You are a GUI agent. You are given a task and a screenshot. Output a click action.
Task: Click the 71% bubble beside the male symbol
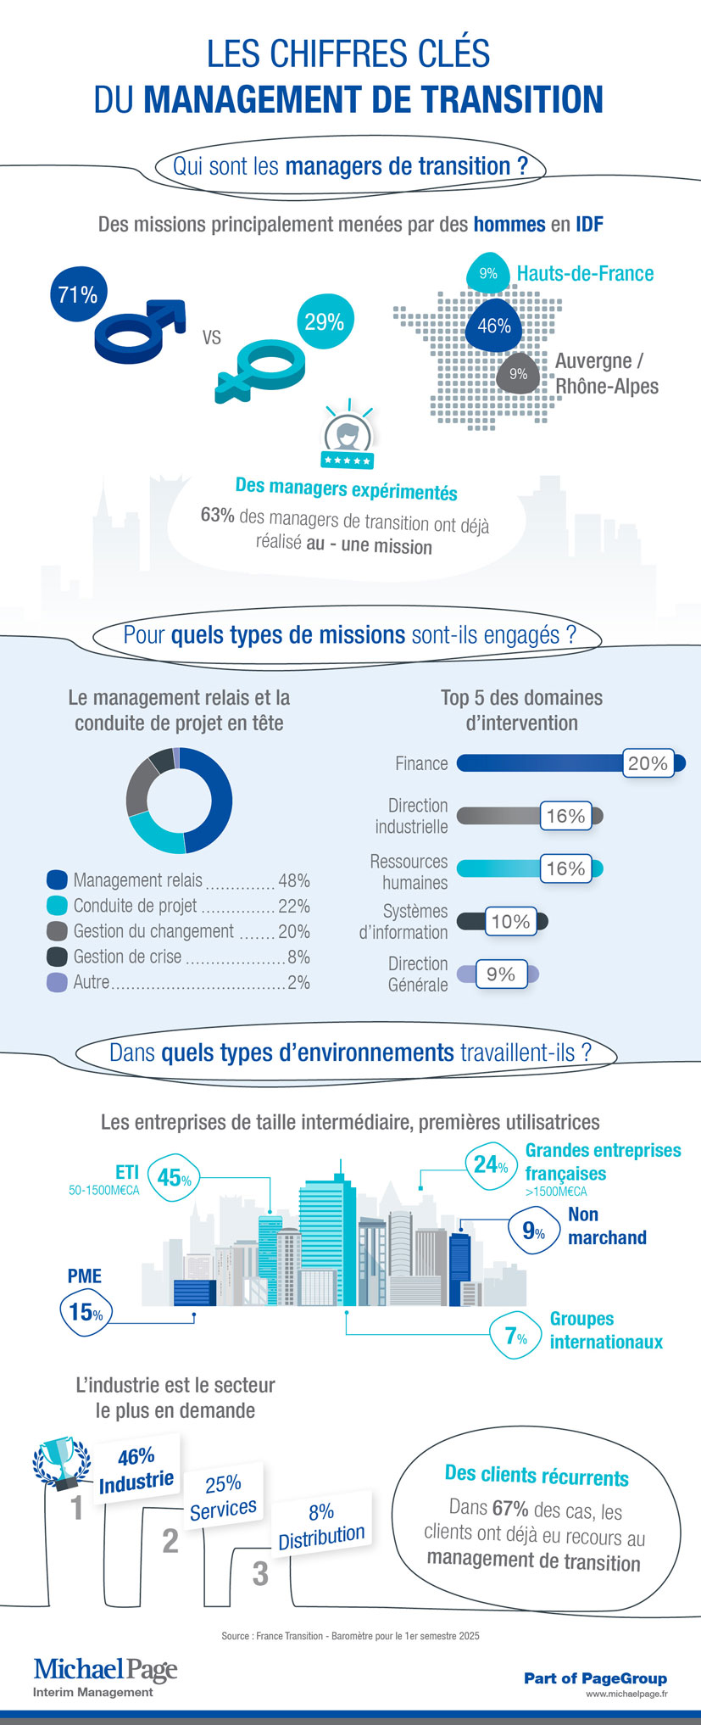point(77,294)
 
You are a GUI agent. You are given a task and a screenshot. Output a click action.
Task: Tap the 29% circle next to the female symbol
point(325,321)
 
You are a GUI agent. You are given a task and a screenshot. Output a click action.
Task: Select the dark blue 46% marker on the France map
point(493,326)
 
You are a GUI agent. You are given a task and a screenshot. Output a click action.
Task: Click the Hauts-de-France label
point(585,274)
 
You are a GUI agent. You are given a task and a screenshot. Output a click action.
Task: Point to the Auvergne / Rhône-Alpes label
point(606,373)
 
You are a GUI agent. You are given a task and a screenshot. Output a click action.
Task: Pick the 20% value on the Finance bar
point(648,763)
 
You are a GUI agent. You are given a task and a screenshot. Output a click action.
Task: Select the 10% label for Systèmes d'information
point(510,922)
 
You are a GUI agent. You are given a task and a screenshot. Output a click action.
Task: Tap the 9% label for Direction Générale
point(501,974)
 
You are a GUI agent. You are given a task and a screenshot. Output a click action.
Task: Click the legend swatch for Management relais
point(57,880)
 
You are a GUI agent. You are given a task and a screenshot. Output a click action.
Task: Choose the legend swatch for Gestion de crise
point(57,957)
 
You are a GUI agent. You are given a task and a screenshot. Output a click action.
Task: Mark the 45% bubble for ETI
point(174,1177)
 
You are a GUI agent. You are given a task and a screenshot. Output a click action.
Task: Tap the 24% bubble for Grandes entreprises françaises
point(491,1165)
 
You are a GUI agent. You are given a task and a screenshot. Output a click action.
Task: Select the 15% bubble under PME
point(86,1312)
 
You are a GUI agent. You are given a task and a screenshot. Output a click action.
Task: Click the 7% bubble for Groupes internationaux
point(516,1337)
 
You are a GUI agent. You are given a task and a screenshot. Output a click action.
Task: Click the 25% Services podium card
point(224,1496)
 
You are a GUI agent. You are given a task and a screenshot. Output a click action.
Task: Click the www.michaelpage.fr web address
point(626,1694)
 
